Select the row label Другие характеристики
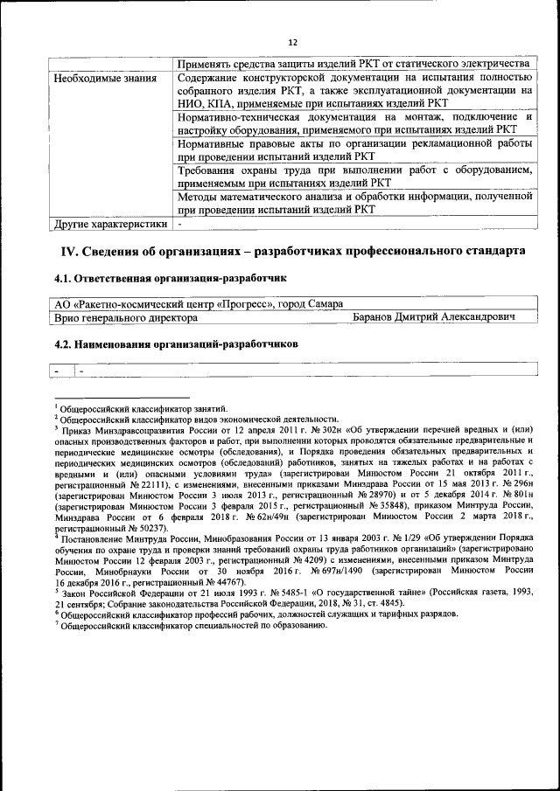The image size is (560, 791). point(109,224)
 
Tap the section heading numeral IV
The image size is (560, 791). point(69,252)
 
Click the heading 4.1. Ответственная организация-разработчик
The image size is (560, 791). point(171,279)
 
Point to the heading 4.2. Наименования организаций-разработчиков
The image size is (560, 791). point(176,344)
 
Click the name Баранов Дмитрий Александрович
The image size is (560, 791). point(432,318)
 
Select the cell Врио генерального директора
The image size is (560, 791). point(126,318)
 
